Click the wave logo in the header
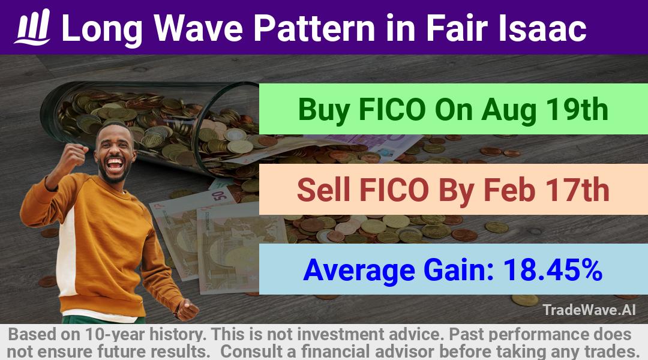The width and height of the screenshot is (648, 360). point(32,27)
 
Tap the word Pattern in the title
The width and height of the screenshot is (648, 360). point(314,28)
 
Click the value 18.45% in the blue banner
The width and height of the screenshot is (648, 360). point(552,269)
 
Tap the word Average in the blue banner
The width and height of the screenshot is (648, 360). point(359,271)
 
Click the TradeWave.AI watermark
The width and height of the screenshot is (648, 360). point(589,310)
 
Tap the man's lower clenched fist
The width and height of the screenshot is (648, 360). point(187,309)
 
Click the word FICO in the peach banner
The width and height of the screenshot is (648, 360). point(394,190)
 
